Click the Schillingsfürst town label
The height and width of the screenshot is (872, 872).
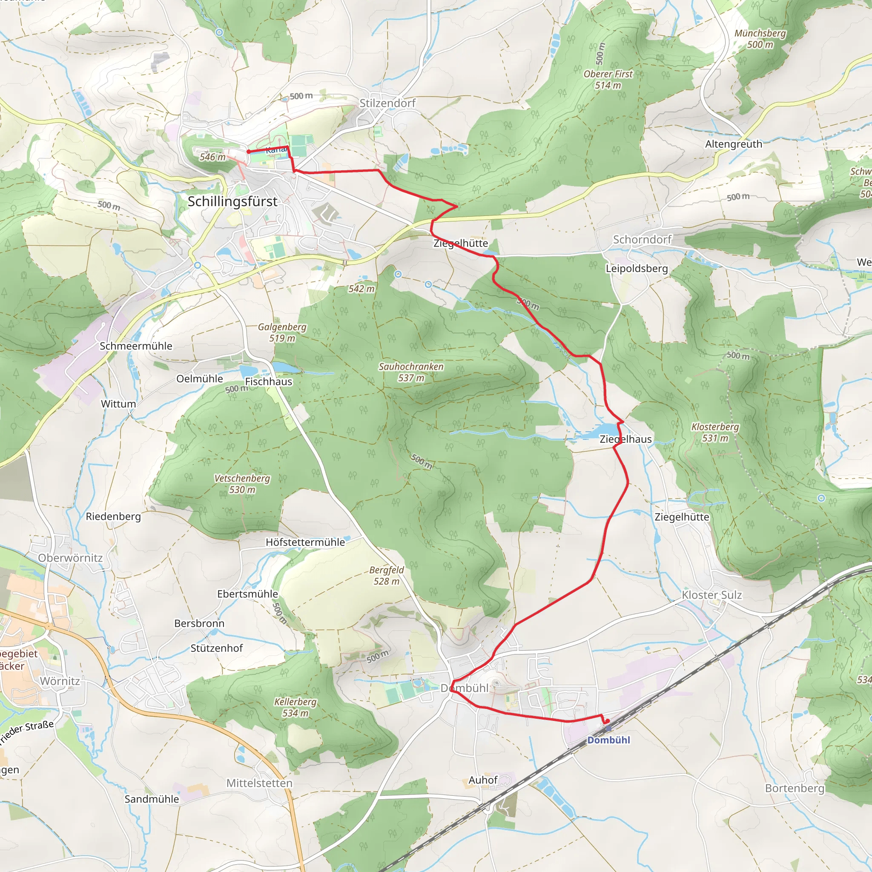pos(232,202)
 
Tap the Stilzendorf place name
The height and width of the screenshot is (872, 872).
pos(387,103)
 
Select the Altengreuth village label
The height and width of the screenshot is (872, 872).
pos(734,144)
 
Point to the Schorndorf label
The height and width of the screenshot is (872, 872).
pos(642,240)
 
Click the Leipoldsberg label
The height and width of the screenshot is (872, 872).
pos(637,269)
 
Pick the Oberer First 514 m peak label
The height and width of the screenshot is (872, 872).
pos(608,80)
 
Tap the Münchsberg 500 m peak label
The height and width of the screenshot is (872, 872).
pos(760,39)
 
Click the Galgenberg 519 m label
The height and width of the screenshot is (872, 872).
pos(282,333)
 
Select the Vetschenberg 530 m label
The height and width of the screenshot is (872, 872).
pos(242,484)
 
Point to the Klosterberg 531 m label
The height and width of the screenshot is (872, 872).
pos(715,433)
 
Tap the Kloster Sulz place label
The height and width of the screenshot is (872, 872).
pos(712,595)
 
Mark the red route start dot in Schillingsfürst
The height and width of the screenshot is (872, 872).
pos(249,152)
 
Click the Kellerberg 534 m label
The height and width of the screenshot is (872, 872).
pos(295,707)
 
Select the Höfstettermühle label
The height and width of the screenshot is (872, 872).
pos(305,542)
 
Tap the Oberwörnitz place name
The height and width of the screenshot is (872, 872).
pos(70,558)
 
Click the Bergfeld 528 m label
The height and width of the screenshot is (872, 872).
pos(386,576)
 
